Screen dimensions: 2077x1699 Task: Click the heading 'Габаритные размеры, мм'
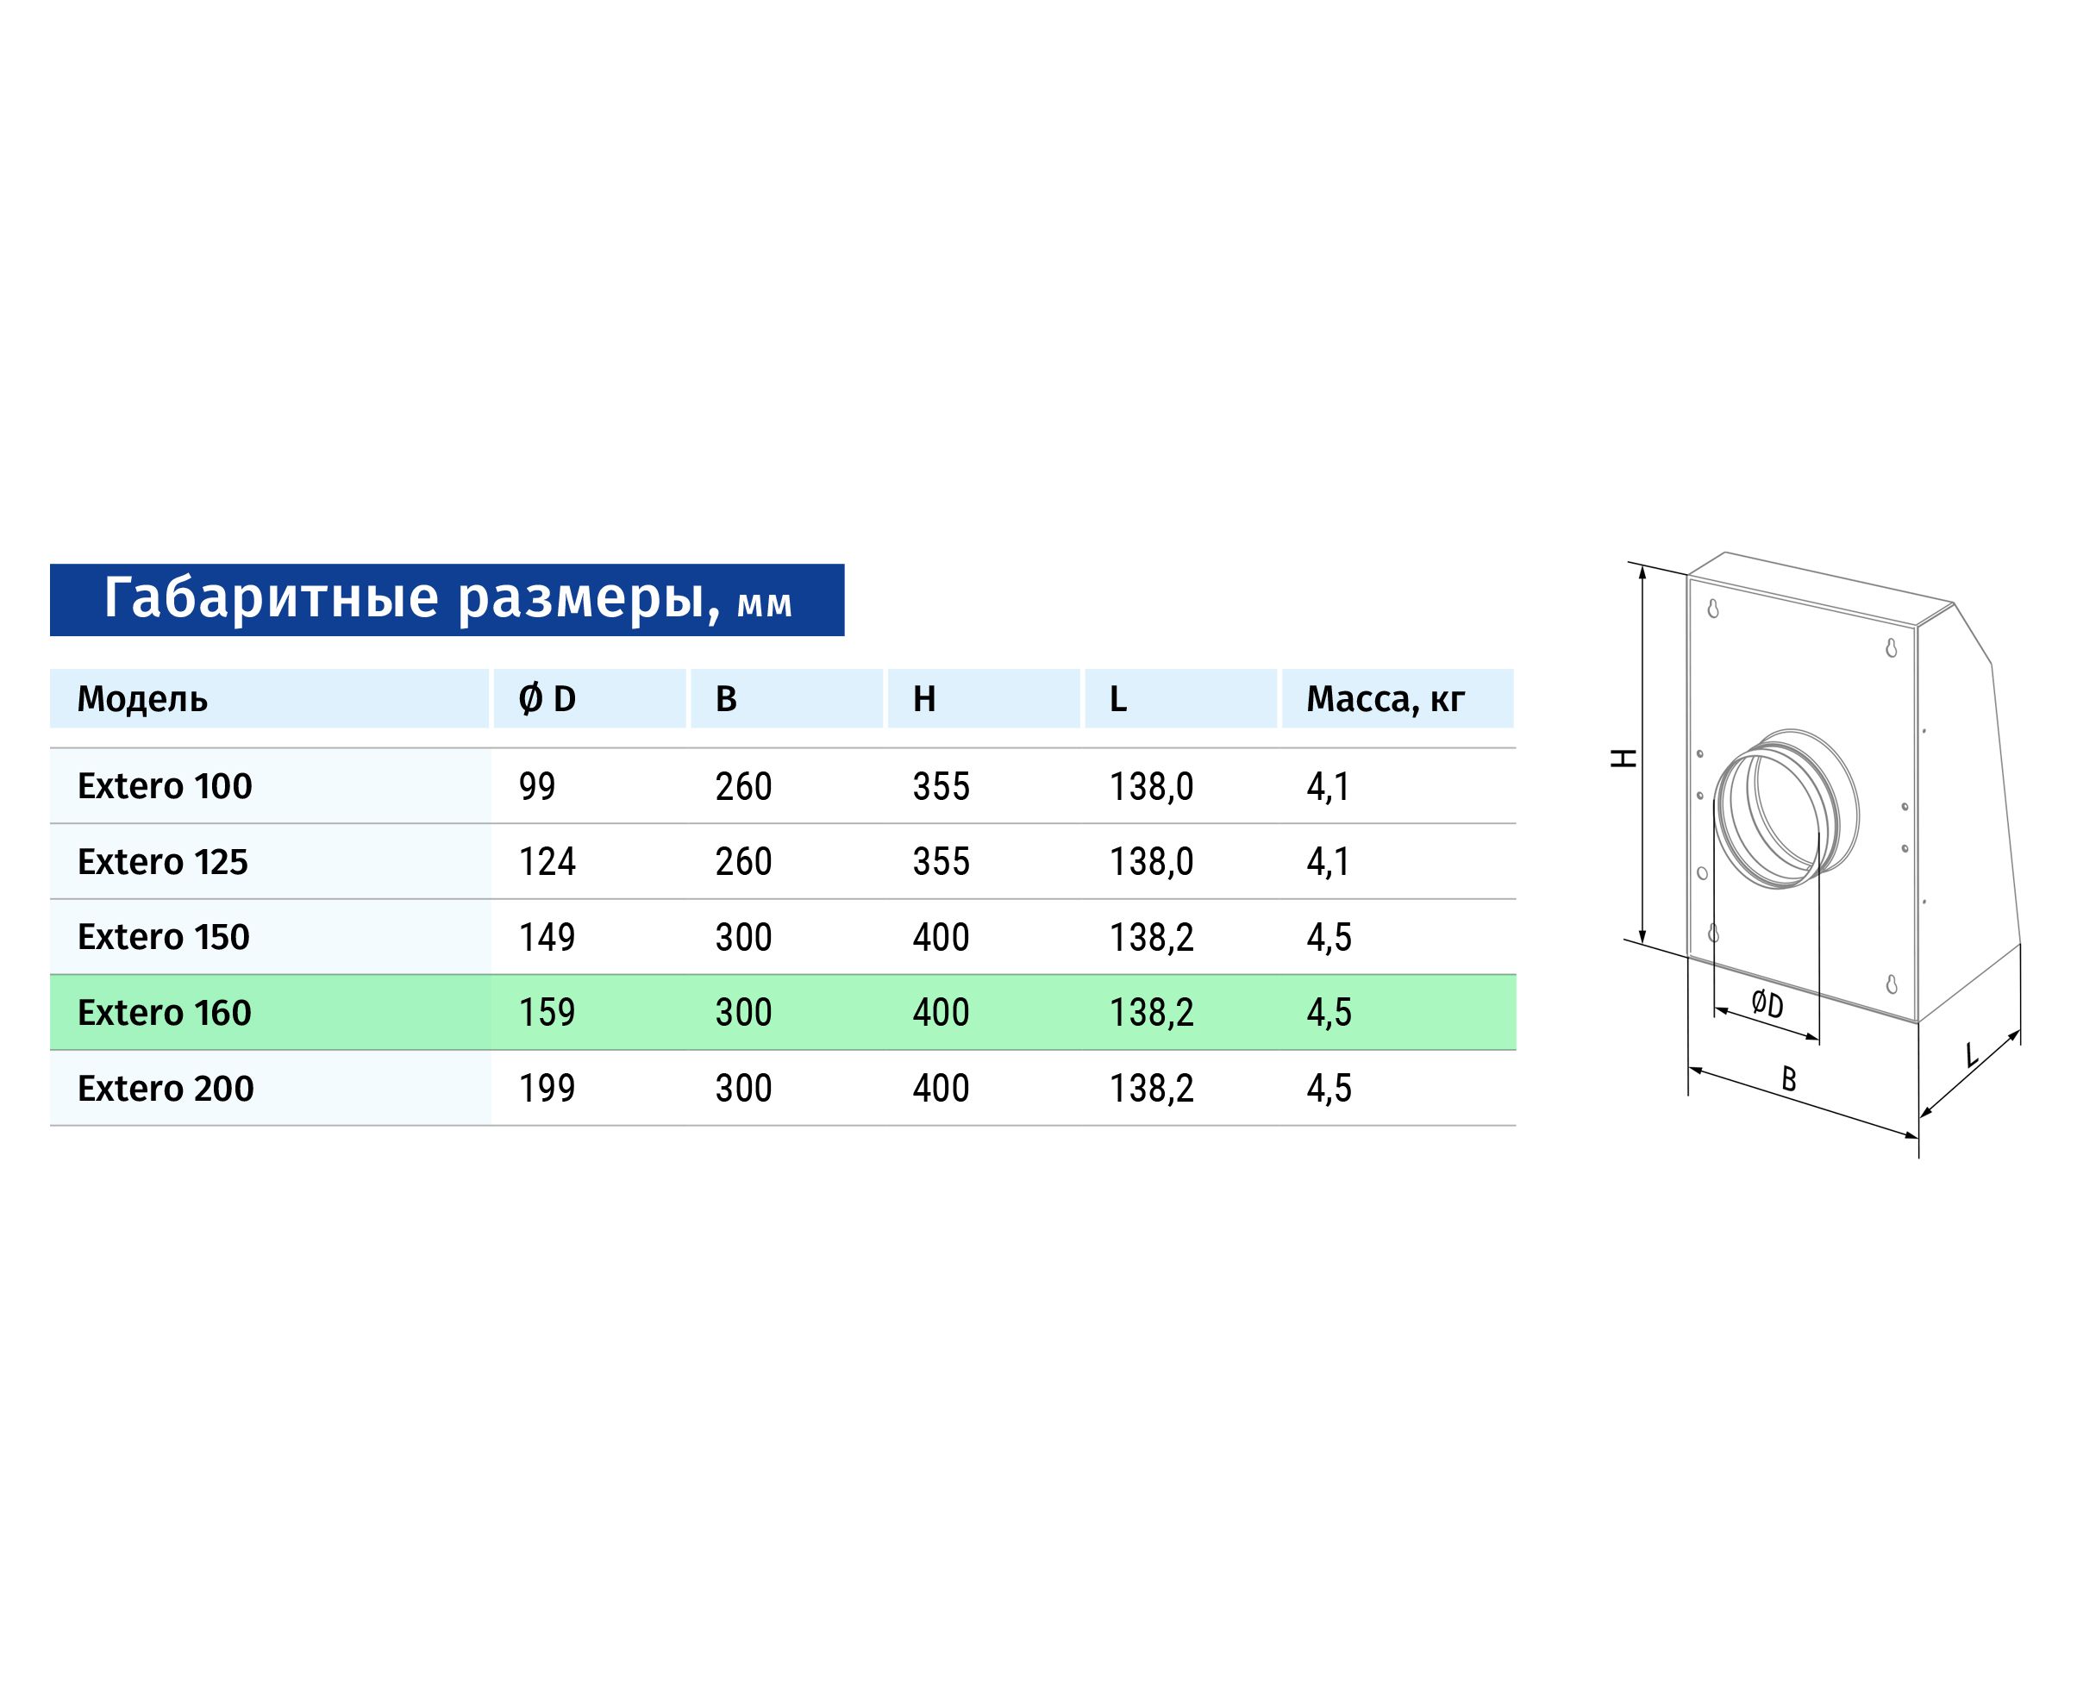pos(447,598)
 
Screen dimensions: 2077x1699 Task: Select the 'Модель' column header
pos(142,699)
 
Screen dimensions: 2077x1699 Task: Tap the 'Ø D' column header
pos(547,699)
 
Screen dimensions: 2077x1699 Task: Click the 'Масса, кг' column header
pos(1385,699)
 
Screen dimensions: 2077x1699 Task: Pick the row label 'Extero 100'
pos(165,786)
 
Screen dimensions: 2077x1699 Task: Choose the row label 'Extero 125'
pos(162,861)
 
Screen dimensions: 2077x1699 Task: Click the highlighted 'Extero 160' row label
pos(165,1012)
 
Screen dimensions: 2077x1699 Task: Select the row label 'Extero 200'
pos(166,1087)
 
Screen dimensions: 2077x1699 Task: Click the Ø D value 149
pos(547,937)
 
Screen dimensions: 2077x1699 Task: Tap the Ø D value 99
pos(537,786)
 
